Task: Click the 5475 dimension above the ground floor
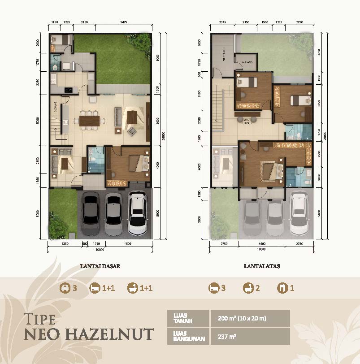point(123,22)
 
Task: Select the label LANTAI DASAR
point(100,265)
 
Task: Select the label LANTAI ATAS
point(262,265)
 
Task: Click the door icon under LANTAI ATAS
point(282,288)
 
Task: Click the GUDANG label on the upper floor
point(247,61)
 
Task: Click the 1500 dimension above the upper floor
point(265,22)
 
